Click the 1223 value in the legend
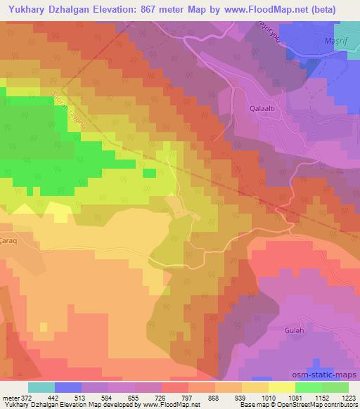pyautogui.click(x=348, y=396)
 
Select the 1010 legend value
pyautogui.click(x=268, y=396)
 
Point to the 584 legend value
pyautogui.click(x=108, y=396)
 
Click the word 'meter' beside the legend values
pyautogui.click(x=10, y=396)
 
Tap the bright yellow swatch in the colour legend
pyautogui.click(x=281, y=387)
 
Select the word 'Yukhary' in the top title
pyautogui.click(x=26, y=9)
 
